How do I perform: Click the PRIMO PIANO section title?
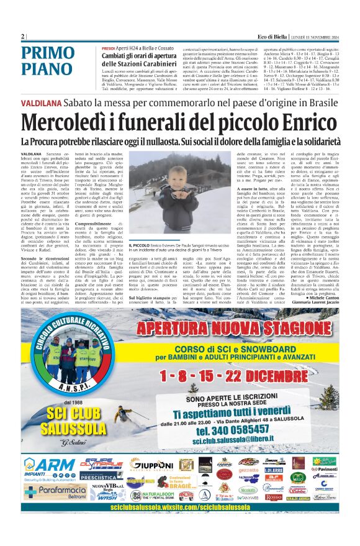(x=55, y=61)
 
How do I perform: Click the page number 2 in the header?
(x=23, y=37)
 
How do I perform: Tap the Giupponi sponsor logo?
(x=151, y=464)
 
